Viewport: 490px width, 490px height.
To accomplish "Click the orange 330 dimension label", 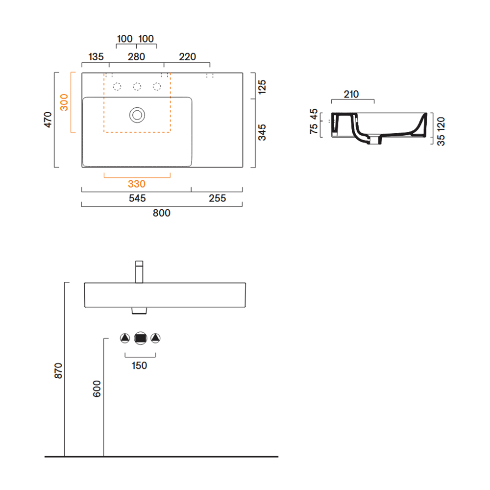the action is tap(137, 184).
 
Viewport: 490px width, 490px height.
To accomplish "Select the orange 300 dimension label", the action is tap(64, 102).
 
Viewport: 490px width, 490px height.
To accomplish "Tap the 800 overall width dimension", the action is tap(162, 213).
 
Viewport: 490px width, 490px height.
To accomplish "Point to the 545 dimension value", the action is tap(137, 198).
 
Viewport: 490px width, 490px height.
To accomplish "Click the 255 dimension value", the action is tap(217, 198).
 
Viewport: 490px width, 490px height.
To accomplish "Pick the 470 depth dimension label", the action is tap(48, 120).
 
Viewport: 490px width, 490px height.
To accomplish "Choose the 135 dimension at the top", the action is tap(96, 56).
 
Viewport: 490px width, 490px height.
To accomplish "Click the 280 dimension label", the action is tap(136, 56).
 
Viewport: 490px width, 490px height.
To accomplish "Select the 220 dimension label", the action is tap(188, 56).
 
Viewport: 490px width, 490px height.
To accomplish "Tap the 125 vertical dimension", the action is tap(262, 87).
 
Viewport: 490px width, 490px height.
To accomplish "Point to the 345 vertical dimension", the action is tap(262, 132).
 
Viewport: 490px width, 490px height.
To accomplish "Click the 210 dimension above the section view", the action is tap(351, 94).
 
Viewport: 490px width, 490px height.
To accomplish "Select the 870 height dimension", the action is tap(58, 370).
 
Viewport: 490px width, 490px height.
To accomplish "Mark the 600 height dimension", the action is tap(97, 389).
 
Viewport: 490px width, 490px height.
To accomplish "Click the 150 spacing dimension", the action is tap(139, 366).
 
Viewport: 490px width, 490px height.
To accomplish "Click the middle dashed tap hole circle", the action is tap(137, 87).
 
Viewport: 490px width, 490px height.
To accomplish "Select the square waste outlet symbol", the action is tap(140, 338).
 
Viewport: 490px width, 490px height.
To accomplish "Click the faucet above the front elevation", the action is tap(139, 272).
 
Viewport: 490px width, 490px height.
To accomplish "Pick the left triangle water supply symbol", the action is tap(125, 338).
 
